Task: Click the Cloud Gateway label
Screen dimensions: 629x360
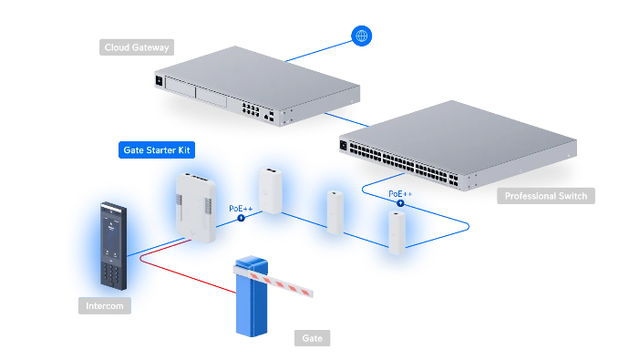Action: tap(137, 47)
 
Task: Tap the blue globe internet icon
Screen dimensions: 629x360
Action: tap(361, 36)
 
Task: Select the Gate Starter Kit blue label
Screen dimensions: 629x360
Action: tap(157, 150)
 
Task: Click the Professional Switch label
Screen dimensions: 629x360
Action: tap(545, 196)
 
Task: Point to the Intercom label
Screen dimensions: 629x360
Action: tap(105, 306)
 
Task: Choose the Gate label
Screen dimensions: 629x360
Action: tap(312, 338)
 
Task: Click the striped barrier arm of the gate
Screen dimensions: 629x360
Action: tap(273, 282)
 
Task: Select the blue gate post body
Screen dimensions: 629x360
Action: tap(252, 301)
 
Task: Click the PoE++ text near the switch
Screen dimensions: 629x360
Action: tap(400, 194)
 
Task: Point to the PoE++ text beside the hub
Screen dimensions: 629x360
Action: tap(241, 209)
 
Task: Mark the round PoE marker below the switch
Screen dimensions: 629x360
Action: tap(400, 203)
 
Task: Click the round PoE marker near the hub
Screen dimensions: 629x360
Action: tap(241, 218)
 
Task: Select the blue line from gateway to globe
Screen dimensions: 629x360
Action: tap(318, 51)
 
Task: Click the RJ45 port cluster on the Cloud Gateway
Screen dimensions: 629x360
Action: tap(251, 108)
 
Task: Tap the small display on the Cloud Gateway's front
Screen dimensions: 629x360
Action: tap(159, 81)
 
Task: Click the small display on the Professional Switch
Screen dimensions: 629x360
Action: tap(343, 146)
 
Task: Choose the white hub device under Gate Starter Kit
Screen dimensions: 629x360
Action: tap(196, 208)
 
